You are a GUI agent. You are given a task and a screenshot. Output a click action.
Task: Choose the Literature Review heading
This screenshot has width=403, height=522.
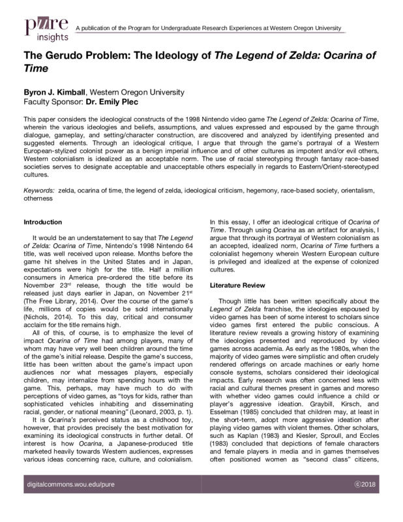[x=237, y=286]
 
